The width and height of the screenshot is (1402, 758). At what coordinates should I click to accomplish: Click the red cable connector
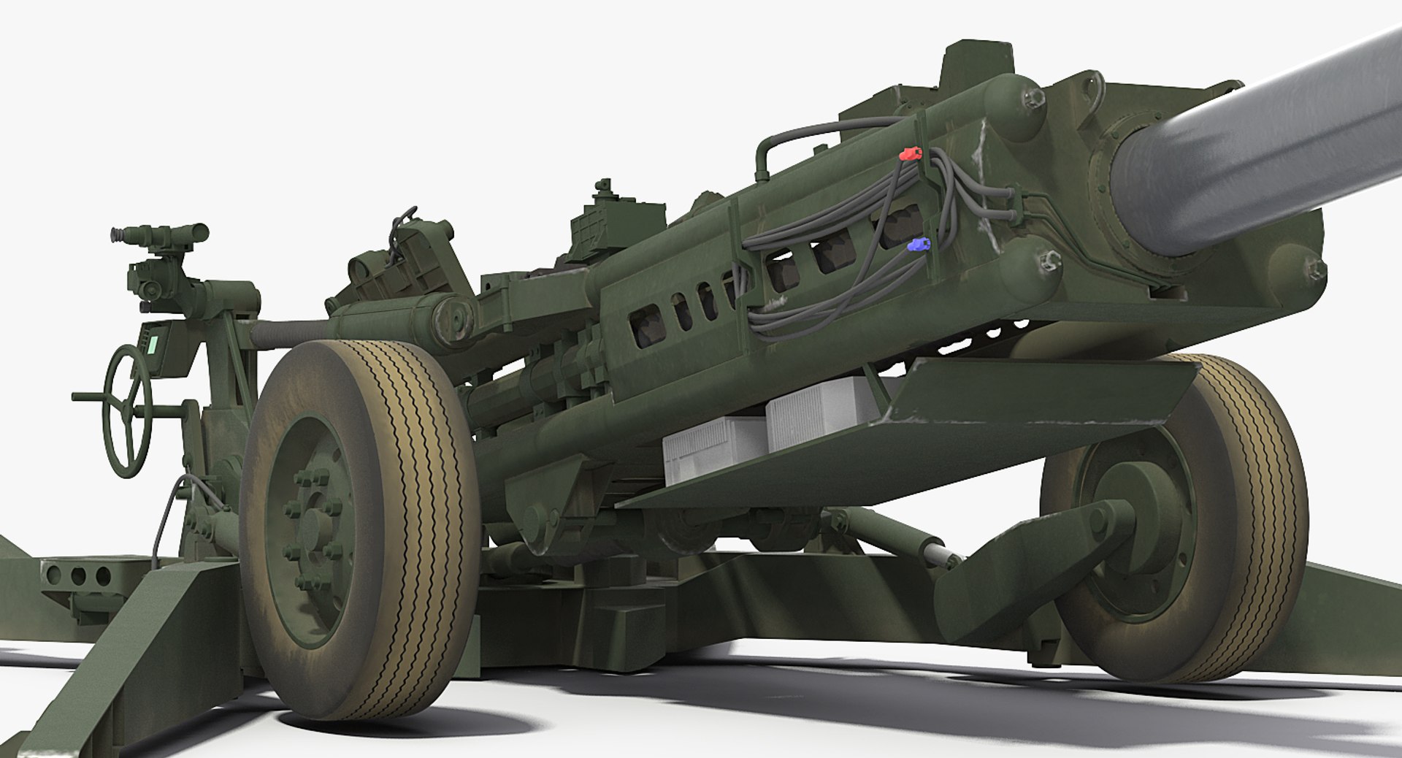tap(910, 154)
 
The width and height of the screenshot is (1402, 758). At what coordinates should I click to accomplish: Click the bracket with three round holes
tap(77, 575)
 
